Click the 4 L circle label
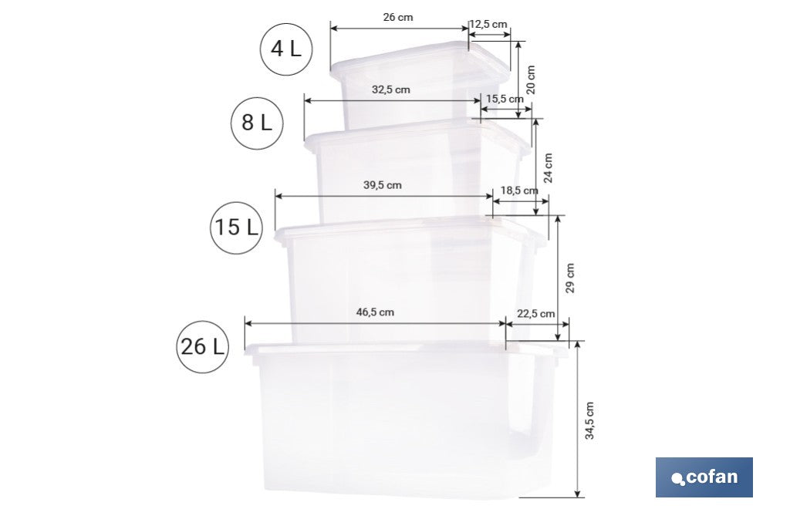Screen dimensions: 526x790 point(285,49)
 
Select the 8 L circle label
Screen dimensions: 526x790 point(257,122)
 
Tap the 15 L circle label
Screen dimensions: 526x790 point(236,228)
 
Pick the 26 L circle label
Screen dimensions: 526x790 point(203,346)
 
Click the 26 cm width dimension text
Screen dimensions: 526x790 point(397,17)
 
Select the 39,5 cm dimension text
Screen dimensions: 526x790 point(382,185)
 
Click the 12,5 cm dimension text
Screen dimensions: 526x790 point(488,25)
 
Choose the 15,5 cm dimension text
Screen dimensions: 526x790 point(505,99)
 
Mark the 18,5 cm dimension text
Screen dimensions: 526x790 point(519,191)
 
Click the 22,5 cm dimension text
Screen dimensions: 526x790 point(536,314)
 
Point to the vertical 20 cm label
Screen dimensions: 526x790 point(531,79)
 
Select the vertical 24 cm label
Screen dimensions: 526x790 point(548,167)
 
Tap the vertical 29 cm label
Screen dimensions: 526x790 point(570,278)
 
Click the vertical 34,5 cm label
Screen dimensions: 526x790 point(590,421)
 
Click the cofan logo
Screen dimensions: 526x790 point(704,477)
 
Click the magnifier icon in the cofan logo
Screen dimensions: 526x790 point(678,479)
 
